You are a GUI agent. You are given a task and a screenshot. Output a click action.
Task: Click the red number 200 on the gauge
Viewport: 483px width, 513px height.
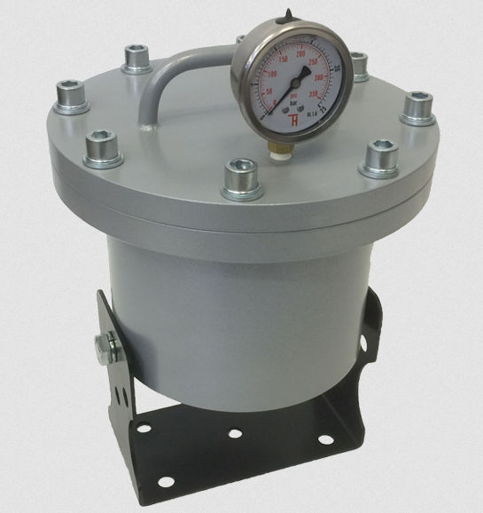point(300,55)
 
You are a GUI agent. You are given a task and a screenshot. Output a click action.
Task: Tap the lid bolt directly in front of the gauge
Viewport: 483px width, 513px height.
point(239,173)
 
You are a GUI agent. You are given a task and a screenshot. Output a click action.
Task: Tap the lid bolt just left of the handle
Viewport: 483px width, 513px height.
point(136,62)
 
